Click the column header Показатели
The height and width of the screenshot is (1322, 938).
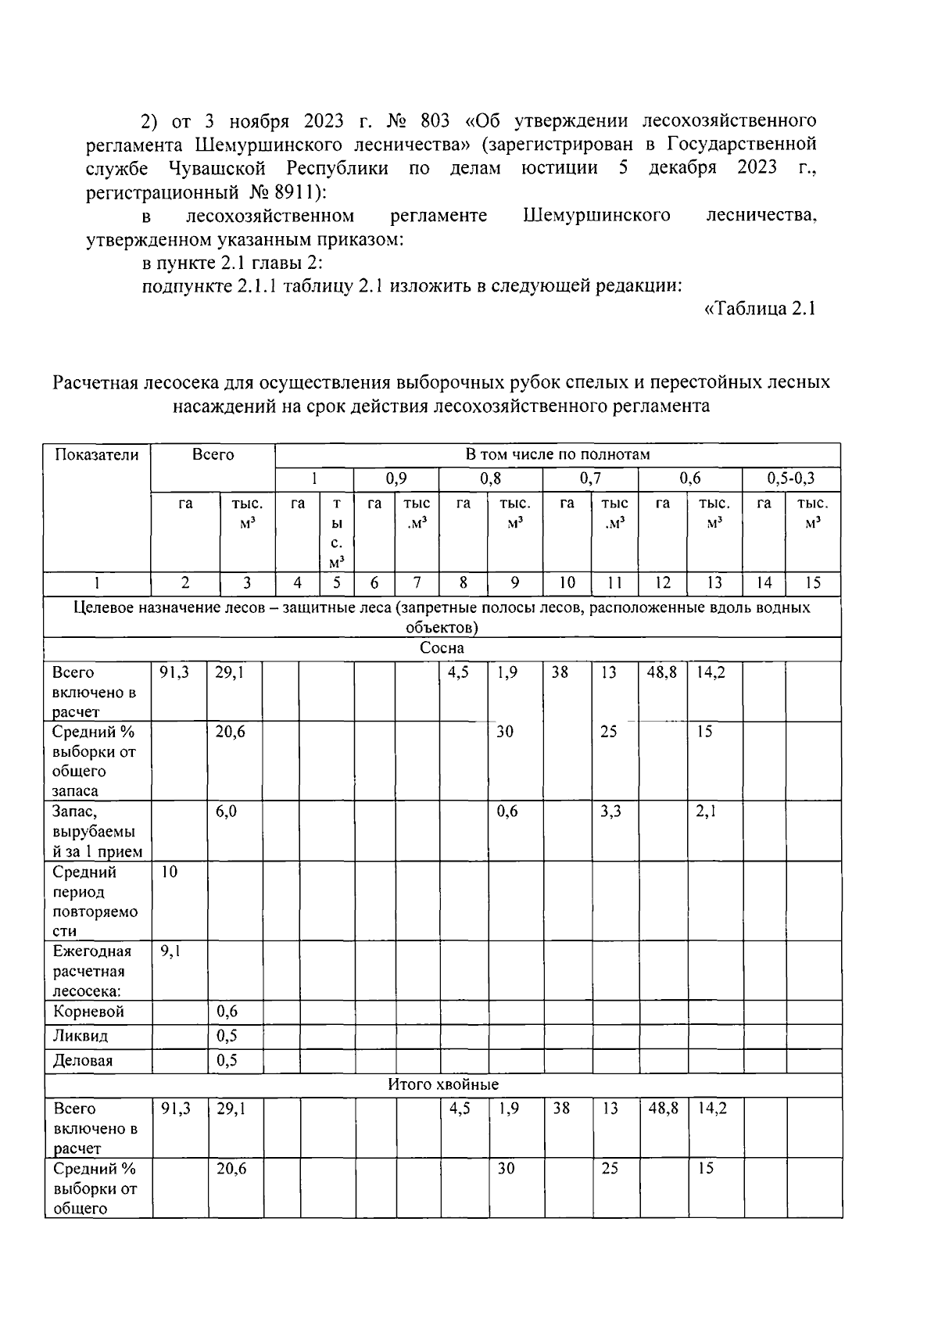coord(97,455)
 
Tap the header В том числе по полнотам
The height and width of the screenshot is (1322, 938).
coord(557,455)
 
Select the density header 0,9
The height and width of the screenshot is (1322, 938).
coord(396,478)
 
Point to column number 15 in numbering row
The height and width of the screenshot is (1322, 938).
coord(812,582)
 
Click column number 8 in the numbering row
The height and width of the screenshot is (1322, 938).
coord(463,582)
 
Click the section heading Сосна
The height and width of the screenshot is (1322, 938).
coord(442,648)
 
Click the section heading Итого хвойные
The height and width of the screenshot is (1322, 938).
coord(443,1084)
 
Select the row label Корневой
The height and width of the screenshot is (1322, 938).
coord(88,1012)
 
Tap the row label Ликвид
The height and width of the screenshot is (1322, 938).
coord(81,1036)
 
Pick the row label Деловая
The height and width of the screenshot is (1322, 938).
coord(83,1061)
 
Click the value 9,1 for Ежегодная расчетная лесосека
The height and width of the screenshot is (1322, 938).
coord(170,951)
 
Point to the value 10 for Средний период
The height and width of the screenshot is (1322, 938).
coord(170,872)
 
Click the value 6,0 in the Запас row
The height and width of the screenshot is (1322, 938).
coord(227,811)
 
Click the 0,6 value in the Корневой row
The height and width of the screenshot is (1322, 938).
coord(227,1012)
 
